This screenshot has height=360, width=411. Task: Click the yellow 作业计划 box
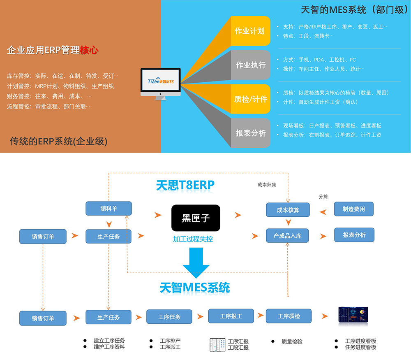tap(250, 31)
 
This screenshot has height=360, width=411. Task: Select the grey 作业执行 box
tap(250, 65)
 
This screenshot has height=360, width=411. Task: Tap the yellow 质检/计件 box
tap(250, 99)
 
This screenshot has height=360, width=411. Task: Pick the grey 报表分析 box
tap(250, 133)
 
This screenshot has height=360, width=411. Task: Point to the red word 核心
tap(89, 51)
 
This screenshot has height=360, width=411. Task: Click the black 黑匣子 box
tap(196, 218)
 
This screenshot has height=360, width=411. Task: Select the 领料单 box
tap(109, 209)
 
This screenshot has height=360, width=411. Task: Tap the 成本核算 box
tap(288, 210)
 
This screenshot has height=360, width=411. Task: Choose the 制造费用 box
tap(354, 209)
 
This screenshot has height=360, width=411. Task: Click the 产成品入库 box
tap(288, 236)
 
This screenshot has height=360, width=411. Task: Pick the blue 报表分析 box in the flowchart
tap(354, 235)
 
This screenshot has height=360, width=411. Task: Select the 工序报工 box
tap(231, 316)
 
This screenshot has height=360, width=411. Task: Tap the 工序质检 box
tap(289, 316)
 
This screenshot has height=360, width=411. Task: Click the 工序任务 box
tap(169, 317)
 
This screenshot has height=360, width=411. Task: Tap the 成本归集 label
tap(267, 185)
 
